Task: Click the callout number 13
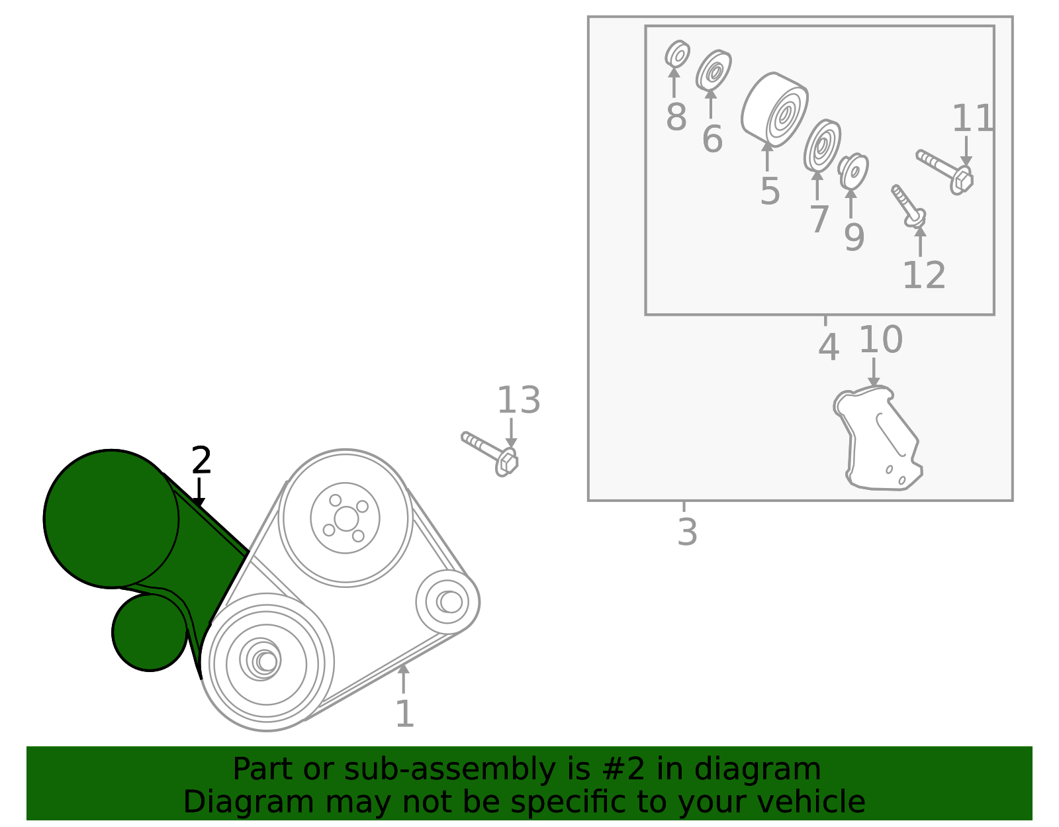pos(518,401)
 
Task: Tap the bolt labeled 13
pos(490,454)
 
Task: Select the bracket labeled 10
pos(878,438)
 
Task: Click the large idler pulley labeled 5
pos(774,110)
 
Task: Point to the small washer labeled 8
pos(677,54)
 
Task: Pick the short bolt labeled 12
pos(908,206)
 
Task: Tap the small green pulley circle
pos(150,632)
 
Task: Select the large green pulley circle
pos(111,518)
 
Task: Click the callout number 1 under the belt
pos(405,714)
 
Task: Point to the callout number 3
pos(687,532)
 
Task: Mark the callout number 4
pos(829,348)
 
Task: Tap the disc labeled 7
pos(822,146)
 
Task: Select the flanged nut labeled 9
pos(853,171)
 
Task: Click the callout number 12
pos(924,275)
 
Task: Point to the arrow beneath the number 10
pos(874,373)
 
